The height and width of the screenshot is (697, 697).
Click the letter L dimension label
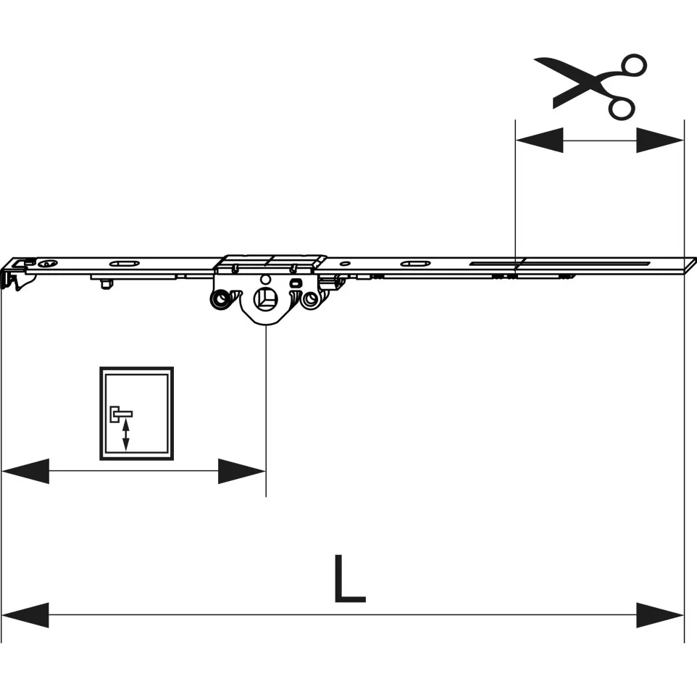[x=350, y=579]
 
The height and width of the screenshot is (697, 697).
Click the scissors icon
[x=590, y=87]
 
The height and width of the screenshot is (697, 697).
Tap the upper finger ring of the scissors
[x=634, y=65]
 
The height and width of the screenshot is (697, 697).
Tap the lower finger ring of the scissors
[x=622, y=108]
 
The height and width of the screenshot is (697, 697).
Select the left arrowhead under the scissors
[x=539, y=141]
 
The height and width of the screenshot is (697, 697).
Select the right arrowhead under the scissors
[x=660, y=141]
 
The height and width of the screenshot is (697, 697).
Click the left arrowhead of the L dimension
[x=25, y=615]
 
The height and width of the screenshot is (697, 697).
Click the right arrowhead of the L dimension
[x=660, y=615]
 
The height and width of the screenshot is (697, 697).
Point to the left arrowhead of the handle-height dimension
[x=25, y=471]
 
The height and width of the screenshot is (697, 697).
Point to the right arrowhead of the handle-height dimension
[x=242, y=471]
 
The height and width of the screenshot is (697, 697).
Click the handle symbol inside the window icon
[x=120, y=414]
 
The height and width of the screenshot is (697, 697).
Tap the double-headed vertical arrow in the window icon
[x=126, y=435]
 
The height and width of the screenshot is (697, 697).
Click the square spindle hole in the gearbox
[x=265, y=299]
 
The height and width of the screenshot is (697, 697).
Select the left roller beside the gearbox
[x=220, y=299]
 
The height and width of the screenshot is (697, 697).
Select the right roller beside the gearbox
[x=310, y=300]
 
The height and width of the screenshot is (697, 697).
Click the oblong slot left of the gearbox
[x=124, y=264]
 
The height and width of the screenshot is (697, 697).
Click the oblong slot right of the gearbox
[x=414, y=264]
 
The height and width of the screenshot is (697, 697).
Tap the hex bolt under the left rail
[x=105, y=283]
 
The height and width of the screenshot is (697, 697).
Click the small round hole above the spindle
[x=265, y=280]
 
